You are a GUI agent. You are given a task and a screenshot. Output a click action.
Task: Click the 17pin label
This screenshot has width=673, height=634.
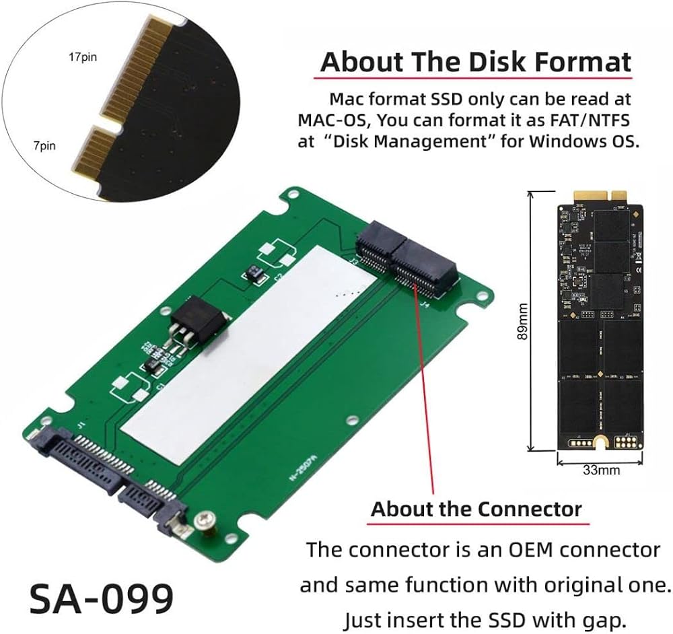(83, 57)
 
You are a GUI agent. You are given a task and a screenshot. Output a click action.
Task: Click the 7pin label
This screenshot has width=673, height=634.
(44, 146)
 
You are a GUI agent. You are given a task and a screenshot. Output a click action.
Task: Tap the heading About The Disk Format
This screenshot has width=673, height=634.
(476, 62)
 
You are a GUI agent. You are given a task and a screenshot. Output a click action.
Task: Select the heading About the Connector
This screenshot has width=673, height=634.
(476, 509)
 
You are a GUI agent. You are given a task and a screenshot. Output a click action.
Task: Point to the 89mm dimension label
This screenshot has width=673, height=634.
(522, 321)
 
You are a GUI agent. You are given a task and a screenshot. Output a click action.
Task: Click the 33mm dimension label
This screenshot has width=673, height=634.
(601, 470)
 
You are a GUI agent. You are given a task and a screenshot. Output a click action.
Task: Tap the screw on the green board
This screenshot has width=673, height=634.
(204, 523)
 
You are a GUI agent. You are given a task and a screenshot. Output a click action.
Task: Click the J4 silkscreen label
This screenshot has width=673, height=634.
(425, 305)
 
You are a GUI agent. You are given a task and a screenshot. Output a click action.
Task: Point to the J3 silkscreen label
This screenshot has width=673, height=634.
(355, 261)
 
